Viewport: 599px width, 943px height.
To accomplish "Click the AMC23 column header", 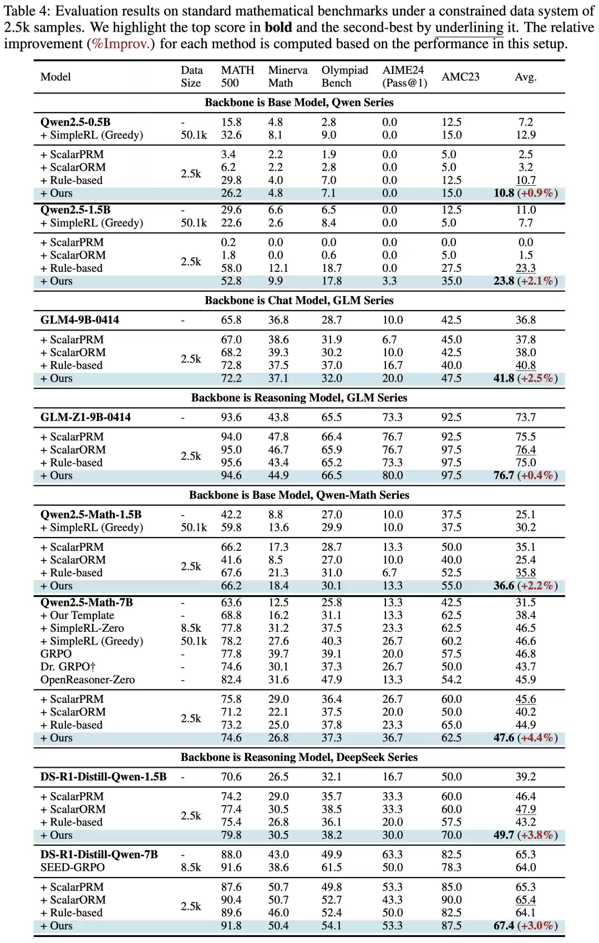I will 460,77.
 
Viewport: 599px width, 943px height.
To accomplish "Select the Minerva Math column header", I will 287,77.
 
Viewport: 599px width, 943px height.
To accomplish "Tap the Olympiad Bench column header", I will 344,77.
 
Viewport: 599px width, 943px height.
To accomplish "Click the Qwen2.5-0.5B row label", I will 75,122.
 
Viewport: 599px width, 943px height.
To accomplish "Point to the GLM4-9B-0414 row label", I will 79,320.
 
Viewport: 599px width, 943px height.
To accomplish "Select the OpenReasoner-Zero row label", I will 88,680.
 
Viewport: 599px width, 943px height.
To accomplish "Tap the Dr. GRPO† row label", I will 68,667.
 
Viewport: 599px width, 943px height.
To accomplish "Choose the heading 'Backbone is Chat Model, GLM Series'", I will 299,301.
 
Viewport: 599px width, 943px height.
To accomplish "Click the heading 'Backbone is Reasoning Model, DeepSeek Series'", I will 299,757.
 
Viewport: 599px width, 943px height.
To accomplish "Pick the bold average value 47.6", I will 504,738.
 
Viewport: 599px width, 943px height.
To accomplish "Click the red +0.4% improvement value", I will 537,475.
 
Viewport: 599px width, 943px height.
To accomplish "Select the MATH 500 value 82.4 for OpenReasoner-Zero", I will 231,680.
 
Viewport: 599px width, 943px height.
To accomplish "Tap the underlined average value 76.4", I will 525,450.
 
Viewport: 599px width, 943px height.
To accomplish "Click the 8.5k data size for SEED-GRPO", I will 191,867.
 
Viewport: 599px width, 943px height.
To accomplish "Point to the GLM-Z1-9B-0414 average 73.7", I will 525,417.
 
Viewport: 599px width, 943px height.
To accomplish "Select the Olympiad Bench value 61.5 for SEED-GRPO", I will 332,867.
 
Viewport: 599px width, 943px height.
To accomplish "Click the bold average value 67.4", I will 504,926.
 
